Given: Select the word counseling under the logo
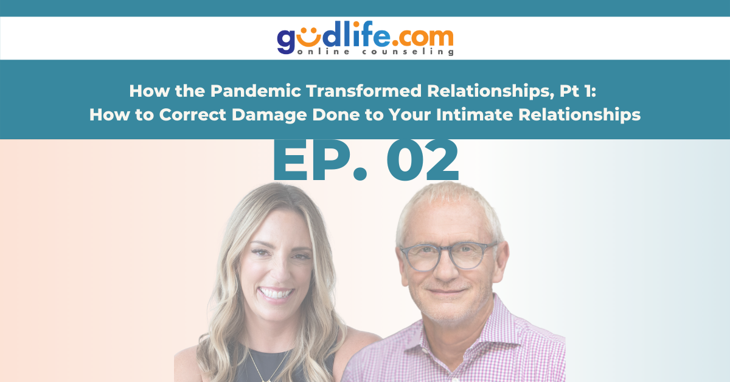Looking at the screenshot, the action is tap(408, 52).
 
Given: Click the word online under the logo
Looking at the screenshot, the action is tap(323, 51).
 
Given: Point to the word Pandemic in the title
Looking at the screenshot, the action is tap(255, 91).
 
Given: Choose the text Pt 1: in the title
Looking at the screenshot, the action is tap(578, 91).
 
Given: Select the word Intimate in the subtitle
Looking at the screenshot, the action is tap(474, 114).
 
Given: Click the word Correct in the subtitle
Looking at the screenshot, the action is tap(192, 114).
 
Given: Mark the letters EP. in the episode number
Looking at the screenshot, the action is tap(321, 160).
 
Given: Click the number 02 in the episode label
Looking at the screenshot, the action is tap(422, 160).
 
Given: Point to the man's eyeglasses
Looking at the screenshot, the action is tap(449, 257).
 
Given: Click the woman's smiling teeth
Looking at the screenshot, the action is tap(276, 293).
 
